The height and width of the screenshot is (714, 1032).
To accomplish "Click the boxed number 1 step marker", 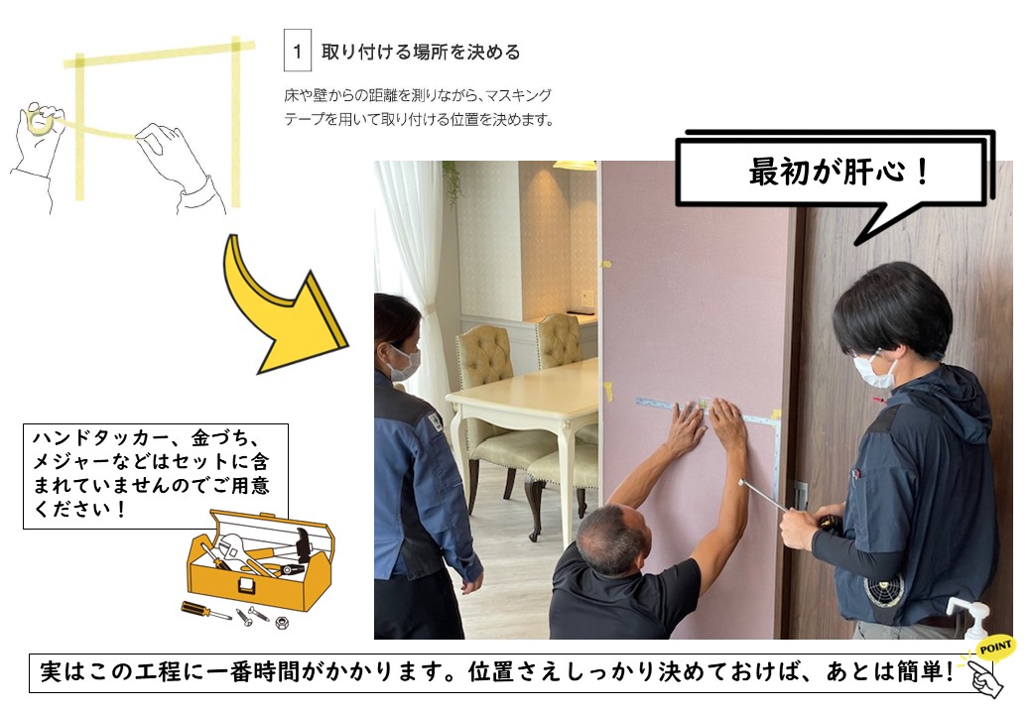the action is point(298,51).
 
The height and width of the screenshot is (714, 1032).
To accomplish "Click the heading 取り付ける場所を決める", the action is point(421,52).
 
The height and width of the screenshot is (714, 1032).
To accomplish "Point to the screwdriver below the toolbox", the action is point(205,610).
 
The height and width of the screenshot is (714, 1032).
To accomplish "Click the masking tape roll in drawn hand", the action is point(42,122).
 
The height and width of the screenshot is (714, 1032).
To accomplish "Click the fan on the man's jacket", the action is point(884,591).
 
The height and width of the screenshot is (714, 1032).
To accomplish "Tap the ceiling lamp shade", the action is point(575,165).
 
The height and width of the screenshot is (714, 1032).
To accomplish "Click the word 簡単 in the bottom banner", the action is point(920,671).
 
